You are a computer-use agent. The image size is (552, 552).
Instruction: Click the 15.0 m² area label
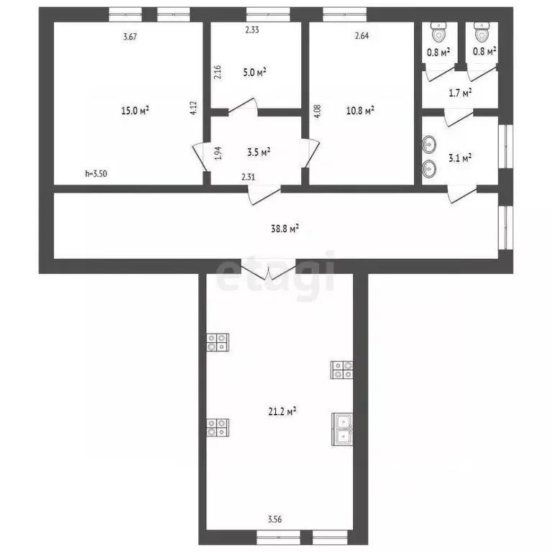coord(134,111)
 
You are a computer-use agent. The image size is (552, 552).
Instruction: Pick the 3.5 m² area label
coord(258,152)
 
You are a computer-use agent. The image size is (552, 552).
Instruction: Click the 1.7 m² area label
coord(460,93)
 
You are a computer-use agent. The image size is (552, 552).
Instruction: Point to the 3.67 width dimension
coord(130,37)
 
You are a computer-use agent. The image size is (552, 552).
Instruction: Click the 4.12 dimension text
coord(193,108)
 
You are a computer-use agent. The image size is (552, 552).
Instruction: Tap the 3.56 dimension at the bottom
coord(275,518)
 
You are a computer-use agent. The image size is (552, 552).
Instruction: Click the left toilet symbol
coord(438,32)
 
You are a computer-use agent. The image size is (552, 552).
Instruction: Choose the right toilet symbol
coord(481,32)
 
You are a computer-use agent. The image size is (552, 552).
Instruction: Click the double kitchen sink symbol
coord(342,428)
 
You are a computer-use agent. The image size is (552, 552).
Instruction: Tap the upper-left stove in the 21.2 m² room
coord(218,342)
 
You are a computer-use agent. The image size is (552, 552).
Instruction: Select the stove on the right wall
coord(342,369)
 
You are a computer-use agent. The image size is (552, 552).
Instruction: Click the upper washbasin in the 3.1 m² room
coord(429,144)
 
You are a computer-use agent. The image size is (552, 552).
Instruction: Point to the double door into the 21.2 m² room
coord(268,272)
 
